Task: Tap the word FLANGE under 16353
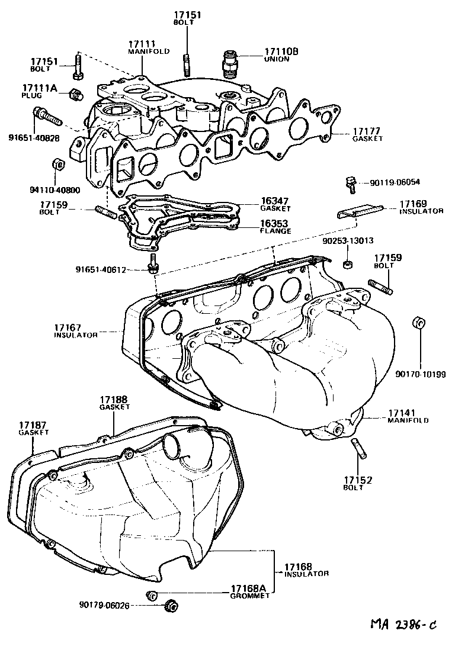275,231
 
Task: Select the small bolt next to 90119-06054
350,185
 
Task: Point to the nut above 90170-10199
418,323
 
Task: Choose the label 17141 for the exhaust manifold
402,412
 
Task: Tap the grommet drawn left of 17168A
152,595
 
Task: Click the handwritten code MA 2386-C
403,625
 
